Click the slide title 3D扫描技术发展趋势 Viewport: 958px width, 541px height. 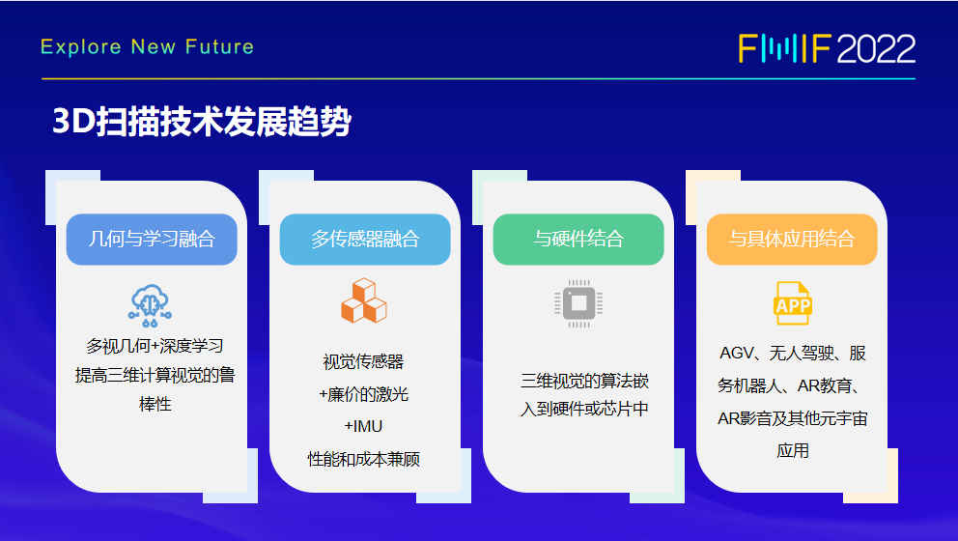tap(202, 121)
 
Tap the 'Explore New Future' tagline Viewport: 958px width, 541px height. tap(147, 47)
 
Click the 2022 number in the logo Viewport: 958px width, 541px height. tap(876, 49)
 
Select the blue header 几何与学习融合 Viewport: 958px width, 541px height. tap(152, 239)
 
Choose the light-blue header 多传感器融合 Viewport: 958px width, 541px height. tap(365, 239)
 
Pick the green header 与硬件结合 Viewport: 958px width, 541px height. tap(578, 239)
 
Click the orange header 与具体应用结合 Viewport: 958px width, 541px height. tap(792, 239)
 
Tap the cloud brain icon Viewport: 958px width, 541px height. tap(150, 305)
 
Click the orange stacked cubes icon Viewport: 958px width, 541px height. tap(363, 300)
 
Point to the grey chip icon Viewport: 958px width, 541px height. tap(578, 303)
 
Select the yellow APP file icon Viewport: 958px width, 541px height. tap(793, 303)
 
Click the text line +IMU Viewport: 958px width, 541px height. tap(363, 426)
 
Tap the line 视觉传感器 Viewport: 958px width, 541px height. tap(363, 362)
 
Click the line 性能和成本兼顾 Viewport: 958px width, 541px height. tap(363, 459)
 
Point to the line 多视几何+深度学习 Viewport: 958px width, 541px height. tap(155, 346)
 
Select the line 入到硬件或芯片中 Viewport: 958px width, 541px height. tap(584, 409)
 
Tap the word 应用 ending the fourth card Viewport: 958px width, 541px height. tap(793, 450)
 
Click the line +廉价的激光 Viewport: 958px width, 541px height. tap(363, 394)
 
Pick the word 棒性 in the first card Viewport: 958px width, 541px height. tap(155, 404)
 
